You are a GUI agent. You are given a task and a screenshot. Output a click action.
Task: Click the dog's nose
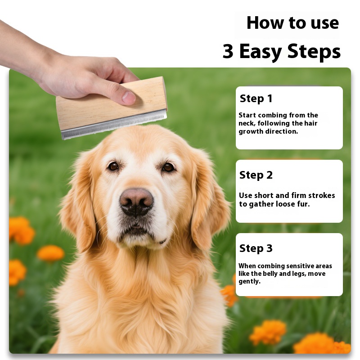point(136,202)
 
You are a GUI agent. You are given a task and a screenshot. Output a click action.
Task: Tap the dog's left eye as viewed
point(113,166)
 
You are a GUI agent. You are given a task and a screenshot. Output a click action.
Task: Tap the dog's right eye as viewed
point(168,167)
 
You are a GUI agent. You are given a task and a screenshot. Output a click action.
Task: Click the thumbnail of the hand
point(128,97)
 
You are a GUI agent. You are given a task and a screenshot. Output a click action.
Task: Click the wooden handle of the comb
point(111,103)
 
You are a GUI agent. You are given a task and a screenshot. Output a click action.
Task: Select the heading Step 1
point(256,99)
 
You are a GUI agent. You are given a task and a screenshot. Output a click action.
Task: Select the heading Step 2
point(256,175)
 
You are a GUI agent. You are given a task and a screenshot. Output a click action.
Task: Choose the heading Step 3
point(256,248)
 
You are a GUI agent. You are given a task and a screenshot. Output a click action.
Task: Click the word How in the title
point(265,23)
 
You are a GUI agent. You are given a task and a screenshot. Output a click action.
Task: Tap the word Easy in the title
point(261,51)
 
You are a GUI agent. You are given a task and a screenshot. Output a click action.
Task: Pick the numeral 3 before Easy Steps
point(228,51)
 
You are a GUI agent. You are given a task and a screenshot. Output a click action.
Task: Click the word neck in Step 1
point(247,123)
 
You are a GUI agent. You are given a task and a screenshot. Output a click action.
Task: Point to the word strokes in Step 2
point(322,195)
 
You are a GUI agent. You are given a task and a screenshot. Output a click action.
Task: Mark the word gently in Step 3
point(250,282)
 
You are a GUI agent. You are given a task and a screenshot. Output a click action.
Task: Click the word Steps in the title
point(314,51)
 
